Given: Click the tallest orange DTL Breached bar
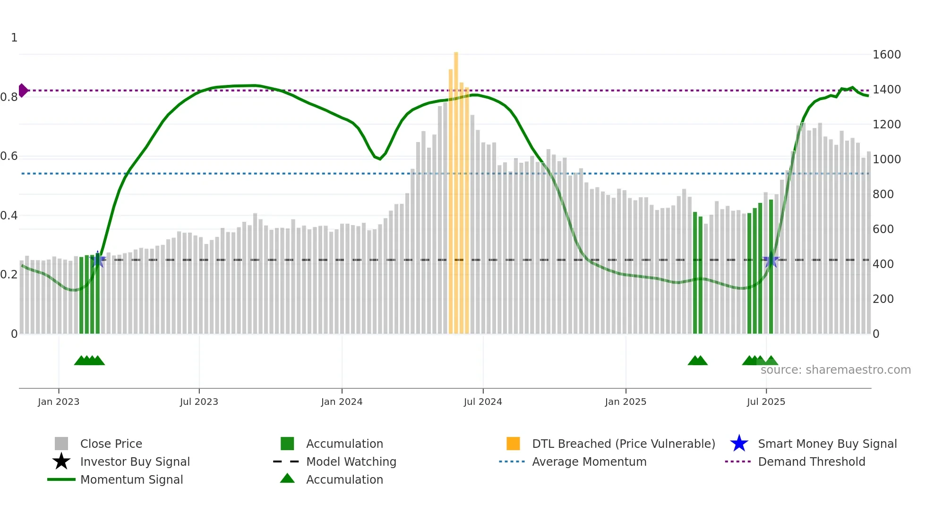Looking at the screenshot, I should point(456,189).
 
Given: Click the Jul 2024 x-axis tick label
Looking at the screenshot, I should point(483,402).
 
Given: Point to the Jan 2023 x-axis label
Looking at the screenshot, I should point(59,402).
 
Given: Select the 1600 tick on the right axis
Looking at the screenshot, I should point(886,55).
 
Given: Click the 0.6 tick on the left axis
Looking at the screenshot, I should point(9,156).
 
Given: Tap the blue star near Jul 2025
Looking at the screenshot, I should point(771,260).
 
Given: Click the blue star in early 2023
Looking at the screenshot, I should point(98,259).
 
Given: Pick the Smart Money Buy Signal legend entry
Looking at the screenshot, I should point(827,444).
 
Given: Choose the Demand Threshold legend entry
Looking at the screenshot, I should point(811,461).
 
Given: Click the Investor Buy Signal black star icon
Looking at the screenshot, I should point(61,461).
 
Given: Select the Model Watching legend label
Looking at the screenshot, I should point(351,461).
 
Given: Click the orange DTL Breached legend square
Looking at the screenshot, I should point(513,444).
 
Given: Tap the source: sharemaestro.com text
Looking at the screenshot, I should point(835,370).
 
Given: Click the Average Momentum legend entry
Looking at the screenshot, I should point(589,461).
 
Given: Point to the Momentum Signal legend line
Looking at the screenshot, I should point(61,479).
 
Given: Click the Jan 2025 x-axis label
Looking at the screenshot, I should point(626,402).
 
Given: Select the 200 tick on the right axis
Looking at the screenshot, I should point(883,299).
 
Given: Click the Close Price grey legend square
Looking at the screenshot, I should point(61,444).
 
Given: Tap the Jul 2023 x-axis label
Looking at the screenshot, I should point(199,402).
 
